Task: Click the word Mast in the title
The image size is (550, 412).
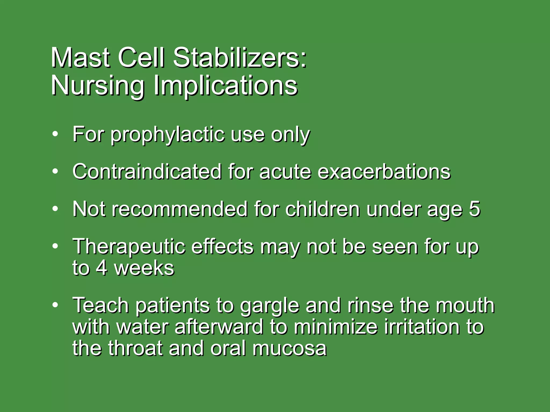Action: [80, 58]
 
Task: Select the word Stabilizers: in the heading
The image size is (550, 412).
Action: [240, 58]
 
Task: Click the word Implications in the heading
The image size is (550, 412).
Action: [225, 86]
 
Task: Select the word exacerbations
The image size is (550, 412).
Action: [384, 172]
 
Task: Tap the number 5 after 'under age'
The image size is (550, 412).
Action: [474, 209]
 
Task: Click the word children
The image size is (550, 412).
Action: [322, 209]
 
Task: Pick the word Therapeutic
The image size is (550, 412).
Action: [129, 247]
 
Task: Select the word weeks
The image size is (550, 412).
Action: [144, 268]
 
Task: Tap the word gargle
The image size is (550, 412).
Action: [269, 306]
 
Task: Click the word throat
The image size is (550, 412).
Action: [136, 348]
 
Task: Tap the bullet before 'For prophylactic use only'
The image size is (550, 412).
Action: [55, 134]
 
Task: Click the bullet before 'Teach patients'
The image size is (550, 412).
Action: [55, 305]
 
